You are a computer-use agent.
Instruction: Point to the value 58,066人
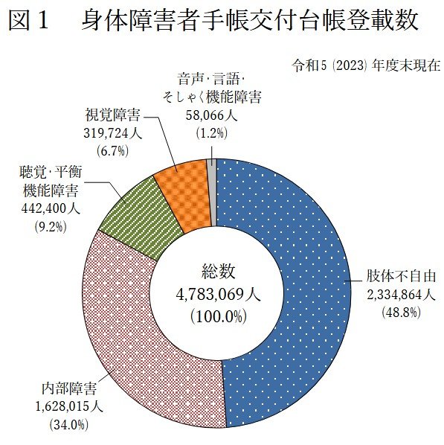coord(211,115)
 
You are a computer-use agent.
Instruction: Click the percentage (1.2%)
coord(211,132)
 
